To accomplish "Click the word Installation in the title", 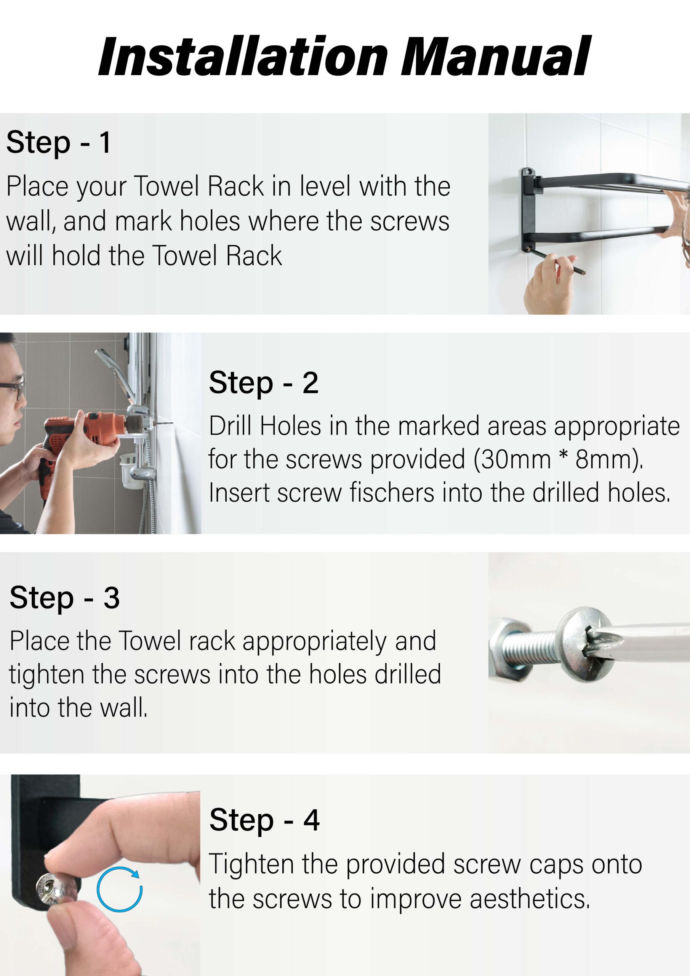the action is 243,56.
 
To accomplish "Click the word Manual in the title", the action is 495,56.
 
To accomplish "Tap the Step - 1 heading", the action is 59,143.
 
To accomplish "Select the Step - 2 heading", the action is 263,382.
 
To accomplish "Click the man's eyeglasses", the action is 13,389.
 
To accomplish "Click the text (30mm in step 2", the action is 512,459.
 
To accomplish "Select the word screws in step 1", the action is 410,222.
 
